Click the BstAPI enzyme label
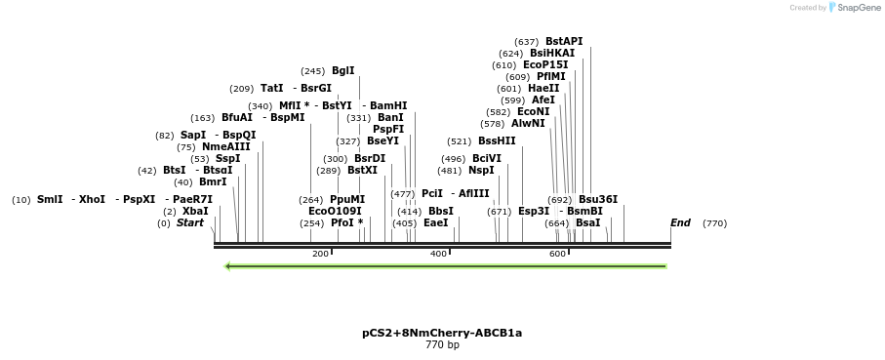tap(564, 41)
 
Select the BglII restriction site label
tap(343, 70)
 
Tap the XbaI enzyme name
tap(195, 211)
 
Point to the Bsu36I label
tap(598, 199)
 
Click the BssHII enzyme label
tap(497, 140)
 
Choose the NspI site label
tap(481, 170)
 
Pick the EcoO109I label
tap(335, 211)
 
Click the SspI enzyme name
tap(227, 158)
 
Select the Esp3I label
tap(534, 211)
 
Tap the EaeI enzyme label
tap(435, 222)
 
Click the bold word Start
tap(190, 222)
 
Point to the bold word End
tap(680, 222)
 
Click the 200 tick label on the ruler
tap(320, 254)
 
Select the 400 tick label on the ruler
tap(439, 254)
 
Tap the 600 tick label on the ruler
tap(557, 254)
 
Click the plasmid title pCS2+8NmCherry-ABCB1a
tap(442, 333)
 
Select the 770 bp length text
tap(442, 344)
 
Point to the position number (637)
tap(527, 41)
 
